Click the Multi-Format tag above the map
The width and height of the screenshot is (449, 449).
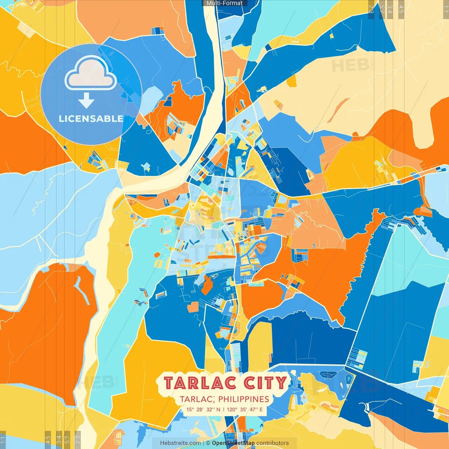[224, 3]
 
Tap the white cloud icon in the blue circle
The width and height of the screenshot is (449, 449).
[91, 74]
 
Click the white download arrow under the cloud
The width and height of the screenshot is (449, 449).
[86, 101]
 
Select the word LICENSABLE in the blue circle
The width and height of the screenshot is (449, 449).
[91, 119]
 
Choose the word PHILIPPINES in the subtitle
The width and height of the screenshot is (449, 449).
[243, 399]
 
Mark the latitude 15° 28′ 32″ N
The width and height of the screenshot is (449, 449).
[203, 409]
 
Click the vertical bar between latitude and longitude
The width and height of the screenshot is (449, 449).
[224, 409]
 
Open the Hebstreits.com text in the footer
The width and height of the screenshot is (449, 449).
[180, 443]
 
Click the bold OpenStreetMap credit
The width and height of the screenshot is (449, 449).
[233, 443]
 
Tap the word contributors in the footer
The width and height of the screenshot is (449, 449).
[273, 443]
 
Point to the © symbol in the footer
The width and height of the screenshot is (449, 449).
[208, 443]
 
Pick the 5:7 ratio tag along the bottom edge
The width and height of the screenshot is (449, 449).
[67, 439]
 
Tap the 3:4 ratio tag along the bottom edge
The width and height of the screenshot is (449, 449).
[59, 439]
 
